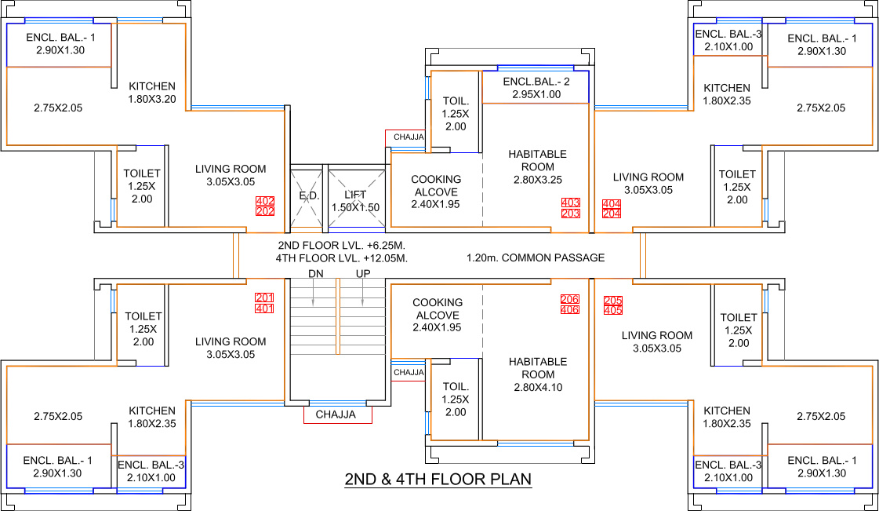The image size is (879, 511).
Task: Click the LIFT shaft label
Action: click(355, 195)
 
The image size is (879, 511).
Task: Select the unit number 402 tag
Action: click(264, 201)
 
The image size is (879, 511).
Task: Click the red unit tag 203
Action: click(571, 214)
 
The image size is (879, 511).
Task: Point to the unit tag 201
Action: click(264, 297)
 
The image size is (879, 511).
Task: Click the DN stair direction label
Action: click(316, 274)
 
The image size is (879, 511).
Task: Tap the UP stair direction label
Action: click(363, 274)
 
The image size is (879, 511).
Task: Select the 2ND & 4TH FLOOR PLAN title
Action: click(438, 480)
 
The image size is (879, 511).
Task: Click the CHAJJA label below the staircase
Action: click(336, 415)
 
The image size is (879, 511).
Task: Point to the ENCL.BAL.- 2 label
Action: click(536, 82)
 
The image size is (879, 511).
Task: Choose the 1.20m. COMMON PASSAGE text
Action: click(536, 258)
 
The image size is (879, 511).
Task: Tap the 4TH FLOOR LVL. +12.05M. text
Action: click(341, 258)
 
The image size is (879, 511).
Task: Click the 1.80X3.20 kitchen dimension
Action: click(152, 99)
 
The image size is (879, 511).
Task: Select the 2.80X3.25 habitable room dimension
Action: click(538, 180)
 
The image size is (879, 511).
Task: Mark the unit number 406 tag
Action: click(570, 310)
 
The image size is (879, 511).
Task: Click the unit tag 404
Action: click(611, 203)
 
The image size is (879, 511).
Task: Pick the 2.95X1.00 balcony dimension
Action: click(536, 94)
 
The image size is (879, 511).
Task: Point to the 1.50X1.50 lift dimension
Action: click(355, 207)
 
